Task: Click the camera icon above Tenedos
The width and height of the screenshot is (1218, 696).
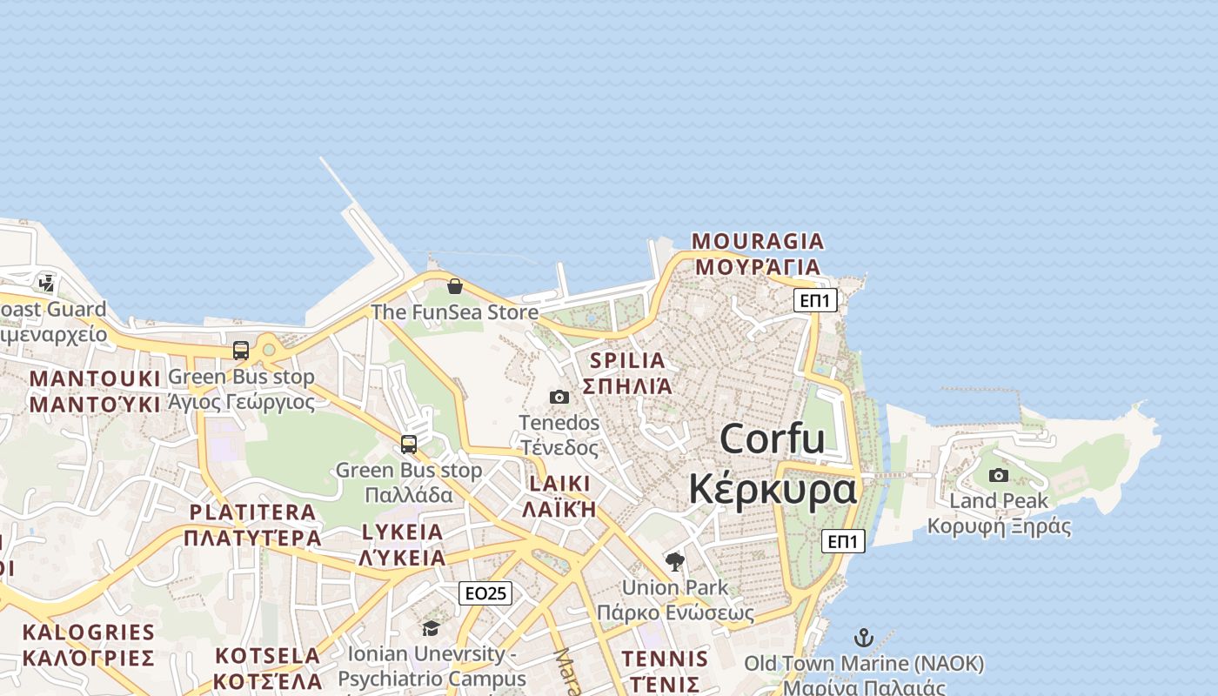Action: point(559,398)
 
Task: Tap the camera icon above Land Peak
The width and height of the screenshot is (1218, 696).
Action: point(999,475)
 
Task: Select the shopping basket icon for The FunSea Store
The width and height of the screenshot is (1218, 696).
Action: point(454,286)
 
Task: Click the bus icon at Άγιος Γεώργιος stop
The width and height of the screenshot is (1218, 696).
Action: point(241,351)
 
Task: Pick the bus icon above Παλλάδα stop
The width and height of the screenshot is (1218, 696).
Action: point(409,444)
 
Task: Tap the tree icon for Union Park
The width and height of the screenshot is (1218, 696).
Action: point(674,561)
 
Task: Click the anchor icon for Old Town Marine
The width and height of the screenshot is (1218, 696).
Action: point(864,638)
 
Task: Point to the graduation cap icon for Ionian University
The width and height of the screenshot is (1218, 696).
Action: point(431,628)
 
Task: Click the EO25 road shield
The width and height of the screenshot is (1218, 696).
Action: point(485,593)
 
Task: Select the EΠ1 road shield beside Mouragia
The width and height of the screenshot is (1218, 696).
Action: point(815,301)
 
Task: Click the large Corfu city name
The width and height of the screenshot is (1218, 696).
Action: point(772,438)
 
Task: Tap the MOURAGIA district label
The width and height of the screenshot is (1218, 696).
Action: point(758,241)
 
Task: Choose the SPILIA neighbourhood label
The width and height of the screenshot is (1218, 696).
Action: point(627,360)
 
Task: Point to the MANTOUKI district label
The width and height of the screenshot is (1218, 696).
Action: point(95,378)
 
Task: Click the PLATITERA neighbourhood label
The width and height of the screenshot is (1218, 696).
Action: point(252,512)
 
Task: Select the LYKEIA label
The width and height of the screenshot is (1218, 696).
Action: point(402,532)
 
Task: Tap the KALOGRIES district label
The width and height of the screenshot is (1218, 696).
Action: point(89,632)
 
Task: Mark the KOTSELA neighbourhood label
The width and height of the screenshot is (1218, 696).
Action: point(268,655)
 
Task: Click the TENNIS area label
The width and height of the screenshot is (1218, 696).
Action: point(665,659)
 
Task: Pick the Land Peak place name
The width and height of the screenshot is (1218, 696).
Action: point(999,501)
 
